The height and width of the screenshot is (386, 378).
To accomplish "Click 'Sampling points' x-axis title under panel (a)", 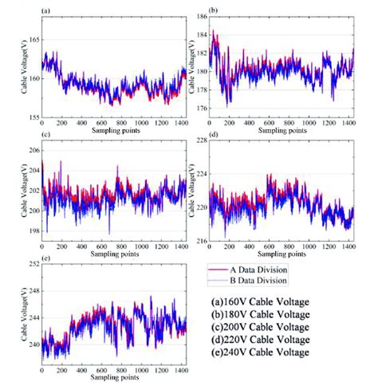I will (114, 130).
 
